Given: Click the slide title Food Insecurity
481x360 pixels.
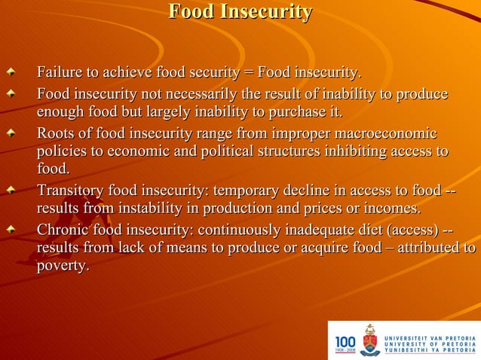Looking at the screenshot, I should pyautogui.click(x=240, y=13).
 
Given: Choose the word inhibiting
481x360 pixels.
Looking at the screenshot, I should pyautogui.click(x=354, y=152).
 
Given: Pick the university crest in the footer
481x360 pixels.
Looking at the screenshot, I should pyautogui.click(x=369, y=340).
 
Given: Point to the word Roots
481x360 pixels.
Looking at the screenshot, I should pyautogui.click(x=55, y=134).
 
